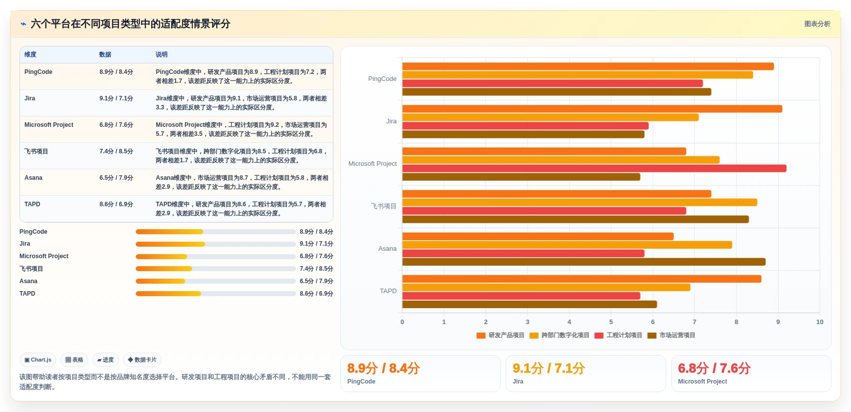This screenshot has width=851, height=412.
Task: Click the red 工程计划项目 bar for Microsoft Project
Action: point(594,168)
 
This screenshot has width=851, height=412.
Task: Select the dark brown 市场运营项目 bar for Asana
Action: point(584,262)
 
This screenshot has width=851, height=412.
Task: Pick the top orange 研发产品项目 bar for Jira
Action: point(592,109)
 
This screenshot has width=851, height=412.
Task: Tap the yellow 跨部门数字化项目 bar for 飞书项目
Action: point(580,202)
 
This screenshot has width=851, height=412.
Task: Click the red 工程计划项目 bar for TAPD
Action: point(521,296)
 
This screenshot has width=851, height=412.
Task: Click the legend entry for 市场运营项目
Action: point(671,335)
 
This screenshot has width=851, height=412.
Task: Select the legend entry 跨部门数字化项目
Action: point(559,335)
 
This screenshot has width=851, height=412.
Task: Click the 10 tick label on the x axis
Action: point(820,322)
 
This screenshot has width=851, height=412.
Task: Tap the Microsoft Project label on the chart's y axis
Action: point(372,164)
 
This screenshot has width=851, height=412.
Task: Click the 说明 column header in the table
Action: point(161,54)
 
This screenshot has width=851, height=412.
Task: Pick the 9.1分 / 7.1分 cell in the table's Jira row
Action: point(116,98)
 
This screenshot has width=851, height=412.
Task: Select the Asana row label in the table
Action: point(33,178)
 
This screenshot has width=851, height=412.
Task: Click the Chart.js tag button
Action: point(38,360)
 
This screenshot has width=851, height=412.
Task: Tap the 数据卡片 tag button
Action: point(142,360)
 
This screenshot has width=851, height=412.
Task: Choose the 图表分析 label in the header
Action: point(817,24)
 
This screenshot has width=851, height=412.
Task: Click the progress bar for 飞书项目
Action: point(216,269)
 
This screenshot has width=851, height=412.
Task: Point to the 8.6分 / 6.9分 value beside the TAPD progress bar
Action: point(316,294)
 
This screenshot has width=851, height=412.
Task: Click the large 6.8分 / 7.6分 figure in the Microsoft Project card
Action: point(714,368)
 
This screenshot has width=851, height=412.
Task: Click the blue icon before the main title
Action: point(23,24)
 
